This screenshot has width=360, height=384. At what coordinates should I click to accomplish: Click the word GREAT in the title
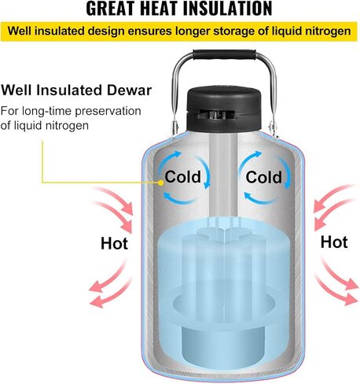111,9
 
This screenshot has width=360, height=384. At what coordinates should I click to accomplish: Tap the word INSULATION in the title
228,9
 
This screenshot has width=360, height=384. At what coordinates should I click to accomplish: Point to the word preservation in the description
108,112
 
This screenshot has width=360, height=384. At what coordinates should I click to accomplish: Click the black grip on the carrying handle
224,54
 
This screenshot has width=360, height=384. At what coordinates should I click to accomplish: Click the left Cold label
182,177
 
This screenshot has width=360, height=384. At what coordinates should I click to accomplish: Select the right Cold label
263,177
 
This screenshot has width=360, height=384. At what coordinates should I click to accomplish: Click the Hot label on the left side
114,243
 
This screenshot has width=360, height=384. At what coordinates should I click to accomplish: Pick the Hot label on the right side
334,242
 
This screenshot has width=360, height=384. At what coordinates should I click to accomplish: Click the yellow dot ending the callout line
161,183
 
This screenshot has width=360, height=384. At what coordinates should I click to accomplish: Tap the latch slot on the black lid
216,114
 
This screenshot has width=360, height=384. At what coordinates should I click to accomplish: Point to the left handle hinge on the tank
174,127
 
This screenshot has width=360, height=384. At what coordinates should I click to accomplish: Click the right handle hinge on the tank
273,127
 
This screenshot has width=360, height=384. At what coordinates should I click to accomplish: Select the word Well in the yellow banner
20,31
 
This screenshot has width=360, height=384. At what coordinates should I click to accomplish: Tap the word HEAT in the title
160,9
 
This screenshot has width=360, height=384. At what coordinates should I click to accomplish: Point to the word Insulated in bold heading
69,90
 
